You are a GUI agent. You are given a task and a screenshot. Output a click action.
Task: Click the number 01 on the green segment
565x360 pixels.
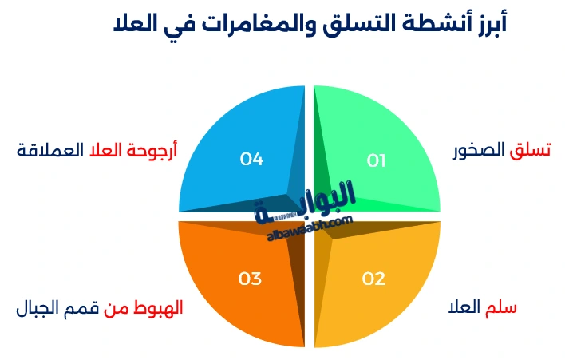376,160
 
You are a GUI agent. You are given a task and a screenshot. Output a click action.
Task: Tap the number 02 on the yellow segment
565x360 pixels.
373,279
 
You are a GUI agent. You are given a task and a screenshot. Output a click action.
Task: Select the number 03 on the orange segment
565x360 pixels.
250,279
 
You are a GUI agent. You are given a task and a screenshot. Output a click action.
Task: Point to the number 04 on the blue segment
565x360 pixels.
251,160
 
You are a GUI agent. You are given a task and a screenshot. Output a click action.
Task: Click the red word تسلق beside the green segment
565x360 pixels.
531,150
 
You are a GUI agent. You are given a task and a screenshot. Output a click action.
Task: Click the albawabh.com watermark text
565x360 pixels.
306,227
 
